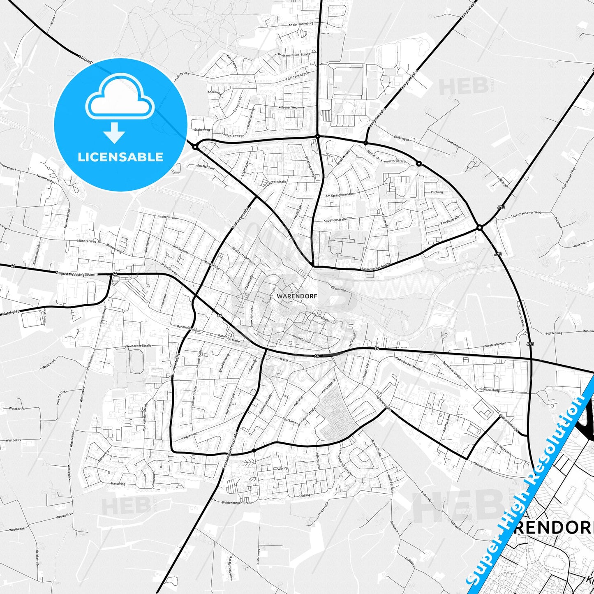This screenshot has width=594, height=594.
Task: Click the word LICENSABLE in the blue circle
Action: (x=120, y=157)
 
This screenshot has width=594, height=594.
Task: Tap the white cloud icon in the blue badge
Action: (x=120, y=97)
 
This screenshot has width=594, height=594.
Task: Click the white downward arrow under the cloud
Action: (x=114, y=132)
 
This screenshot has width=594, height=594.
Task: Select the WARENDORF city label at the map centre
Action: (x=291, y=296)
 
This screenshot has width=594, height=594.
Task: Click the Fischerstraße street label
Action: (x=167, y=217)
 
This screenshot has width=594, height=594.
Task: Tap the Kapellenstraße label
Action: (x=335, y=220)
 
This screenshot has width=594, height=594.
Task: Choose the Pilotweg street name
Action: (x=437, y=192)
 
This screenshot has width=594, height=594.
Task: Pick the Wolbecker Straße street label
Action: (x=139, y=346)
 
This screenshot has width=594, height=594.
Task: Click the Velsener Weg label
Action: (x=288, y=107)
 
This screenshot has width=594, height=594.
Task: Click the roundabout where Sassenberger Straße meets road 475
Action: (x=479, y=227)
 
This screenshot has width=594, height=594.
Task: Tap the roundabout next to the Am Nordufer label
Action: (x=195, y=147)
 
